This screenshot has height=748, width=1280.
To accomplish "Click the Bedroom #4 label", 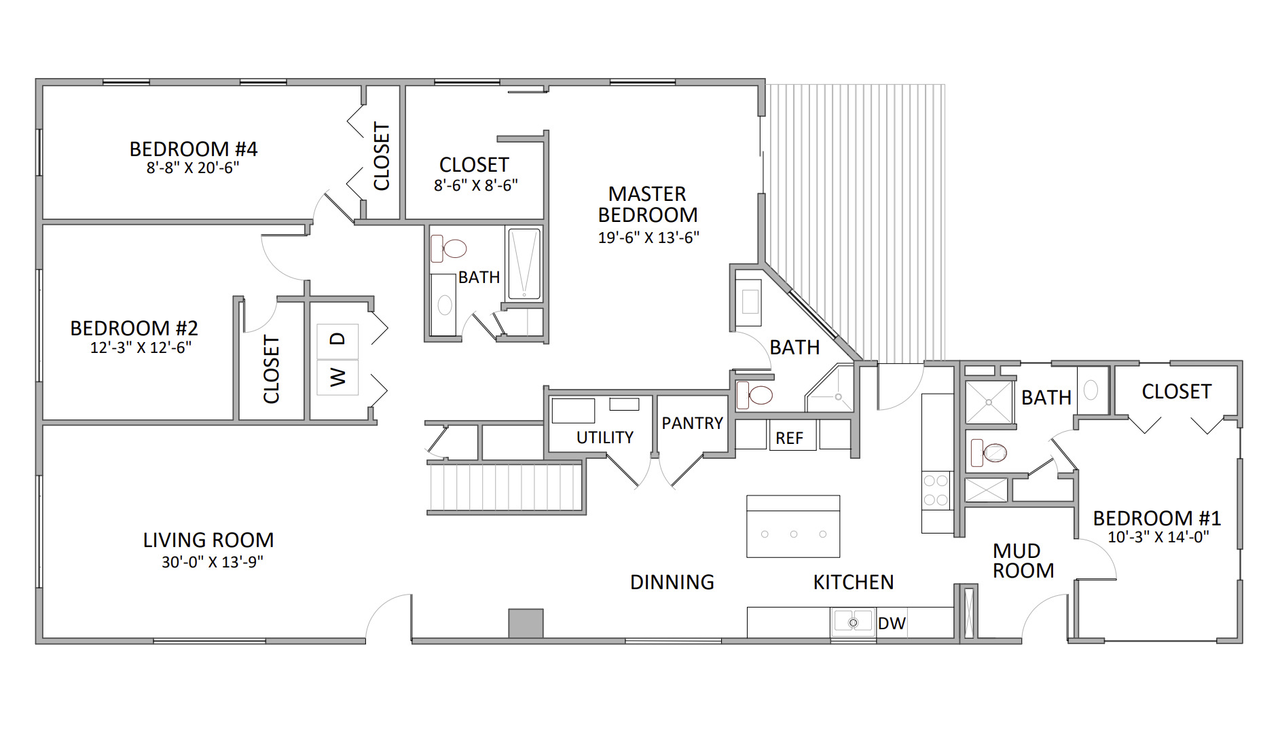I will (194, 149).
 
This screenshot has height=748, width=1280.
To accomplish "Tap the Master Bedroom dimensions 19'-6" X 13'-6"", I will (648, 238).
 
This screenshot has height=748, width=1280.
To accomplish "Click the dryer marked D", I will (337, 338).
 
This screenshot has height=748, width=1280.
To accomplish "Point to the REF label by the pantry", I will (789, 438).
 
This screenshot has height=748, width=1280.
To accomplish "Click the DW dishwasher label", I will (891, 623).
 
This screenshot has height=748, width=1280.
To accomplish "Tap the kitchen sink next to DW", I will (853, 622).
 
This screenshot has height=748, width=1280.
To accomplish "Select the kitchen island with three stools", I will (792, 527).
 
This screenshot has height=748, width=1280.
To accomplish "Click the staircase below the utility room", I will (505, 487).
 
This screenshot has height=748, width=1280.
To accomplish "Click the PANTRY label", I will (692, 424).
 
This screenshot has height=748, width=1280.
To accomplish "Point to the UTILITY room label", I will (604, 438).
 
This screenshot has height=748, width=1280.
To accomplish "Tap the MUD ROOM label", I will (1023, 561).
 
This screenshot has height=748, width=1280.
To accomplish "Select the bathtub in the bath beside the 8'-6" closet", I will (524, 264).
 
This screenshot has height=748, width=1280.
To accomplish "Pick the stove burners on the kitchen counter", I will (936, 490).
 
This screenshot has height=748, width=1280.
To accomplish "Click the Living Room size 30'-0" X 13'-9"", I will (212, 562).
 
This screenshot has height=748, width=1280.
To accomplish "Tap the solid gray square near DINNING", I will (526, 623).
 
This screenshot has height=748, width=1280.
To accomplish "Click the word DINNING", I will (672, 582).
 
